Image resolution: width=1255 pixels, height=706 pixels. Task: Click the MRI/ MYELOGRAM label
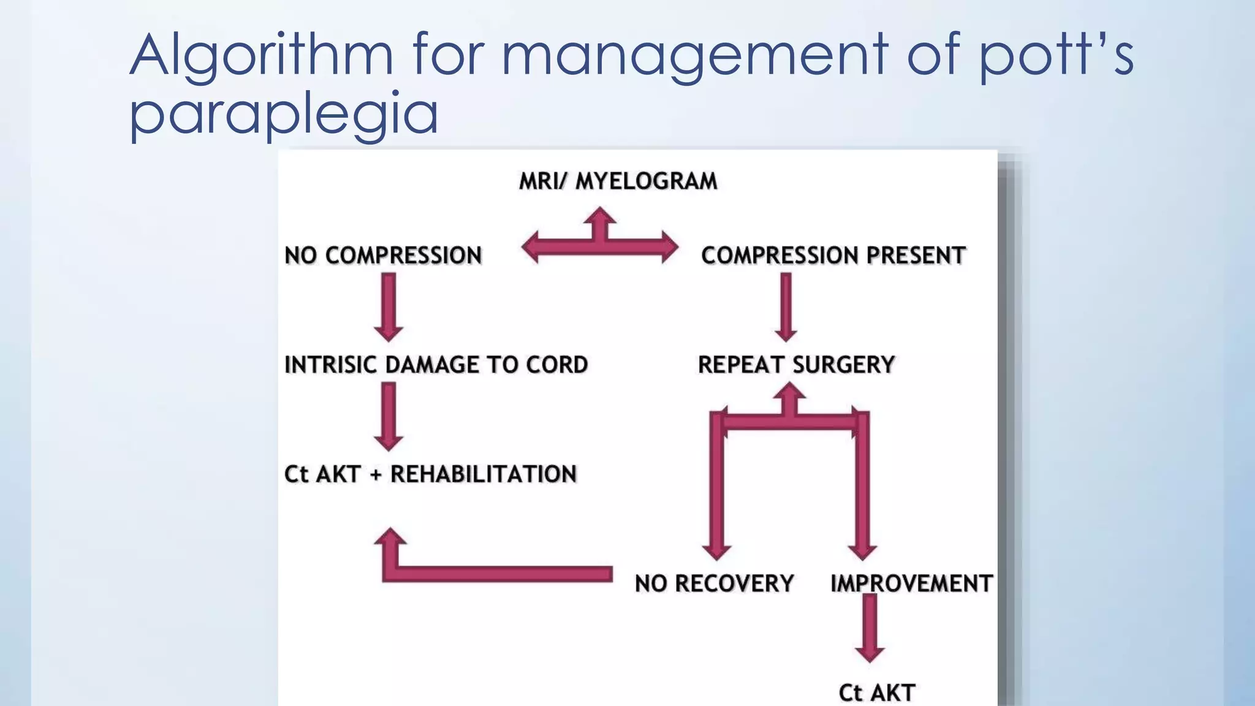coord(618,181)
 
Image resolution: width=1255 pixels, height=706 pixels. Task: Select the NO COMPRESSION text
coord(383,256)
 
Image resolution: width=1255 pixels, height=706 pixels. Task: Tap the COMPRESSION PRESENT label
coord(833,256)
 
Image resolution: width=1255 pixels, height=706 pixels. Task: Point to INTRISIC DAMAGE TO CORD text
coord(436,365)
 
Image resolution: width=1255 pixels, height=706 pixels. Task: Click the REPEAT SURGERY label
coord(796,365)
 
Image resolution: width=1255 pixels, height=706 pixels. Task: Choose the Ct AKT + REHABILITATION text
coord(430,474)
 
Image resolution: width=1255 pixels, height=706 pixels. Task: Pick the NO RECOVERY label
coord(714,583)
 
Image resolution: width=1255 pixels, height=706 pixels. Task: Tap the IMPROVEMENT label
coord(911,583)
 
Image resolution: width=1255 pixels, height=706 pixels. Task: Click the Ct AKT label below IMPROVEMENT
coord(876,693)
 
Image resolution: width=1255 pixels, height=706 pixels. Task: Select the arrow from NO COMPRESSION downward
coord(389,306)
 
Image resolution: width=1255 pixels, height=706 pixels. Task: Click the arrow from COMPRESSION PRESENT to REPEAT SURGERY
coord(786,306)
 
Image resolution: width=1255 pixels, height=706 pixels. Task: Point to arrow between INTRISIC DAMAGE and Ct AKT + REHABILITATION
coord(389,416)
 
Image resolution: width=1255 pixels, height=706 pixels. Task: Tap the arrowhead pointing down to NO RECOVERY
coord(716,550)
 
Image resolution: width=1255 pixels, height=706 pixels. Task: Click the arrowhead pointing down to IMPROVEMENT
coord(862,550)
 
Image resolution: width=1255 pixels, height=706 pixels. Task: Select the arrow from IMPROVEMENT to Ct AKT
coord(870,628)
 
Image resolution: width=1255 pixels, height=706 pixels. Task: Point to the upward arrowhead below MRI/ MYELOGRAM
coord(600,217)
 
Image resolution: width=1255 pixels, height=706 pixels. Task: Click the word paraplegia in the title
coord(284,114)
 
